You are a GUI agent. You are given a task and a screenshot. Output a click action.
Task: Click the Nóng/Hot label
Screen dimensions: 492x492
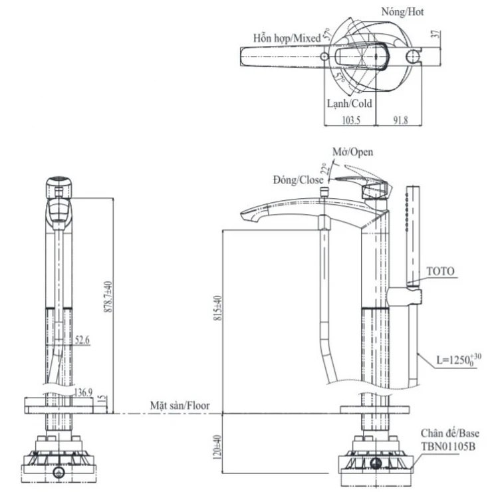point(403,11)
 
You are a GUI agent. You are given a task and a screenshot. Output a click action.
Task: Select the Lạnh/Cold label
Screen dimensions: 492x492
point(350,104)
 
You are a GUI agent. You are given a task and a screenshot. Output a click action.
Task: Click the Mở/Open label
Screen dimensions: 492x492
point(352,152)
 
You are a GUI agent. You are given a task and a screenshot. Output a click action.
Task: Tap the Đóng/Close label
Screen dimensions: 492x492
point(298,180)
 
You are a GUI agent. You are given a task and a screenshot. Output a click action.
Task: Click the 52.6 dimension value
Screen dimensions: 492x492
point(82,340)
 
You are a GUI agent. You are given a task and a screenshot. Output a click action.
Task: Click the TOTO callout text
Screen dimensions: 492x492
point(439,271)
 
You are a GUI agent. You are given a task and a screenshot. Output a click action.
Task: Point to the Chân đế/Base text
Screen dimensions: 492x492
point(449,433)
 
